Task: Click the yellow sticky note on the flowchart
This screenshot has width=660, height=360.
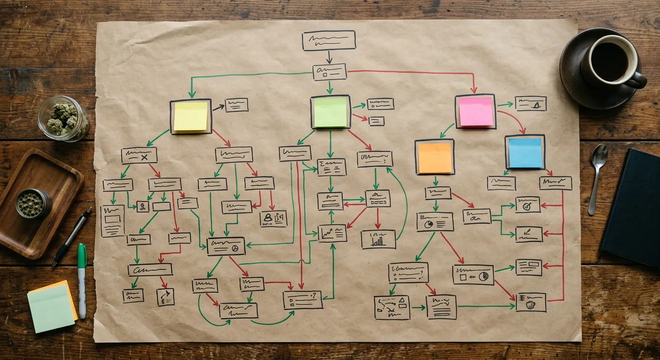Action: [190, 116]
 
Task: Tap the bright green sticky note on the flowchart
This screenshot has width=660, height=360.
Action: [330, 112]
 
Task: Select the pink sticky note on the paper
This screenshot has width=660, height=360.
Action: [475, 112]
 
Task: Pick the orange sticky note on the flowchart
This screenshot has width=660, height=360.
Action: [435, 157]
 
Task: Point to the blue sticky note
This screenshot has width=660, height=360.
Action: [525, 153]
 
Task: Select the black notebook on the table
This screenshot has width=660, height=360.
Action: [633, 206]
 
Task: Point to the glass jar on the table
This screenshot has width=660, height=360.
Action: [63, 118]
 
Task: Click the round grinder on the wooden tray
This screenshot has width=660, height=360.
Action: [33, 203]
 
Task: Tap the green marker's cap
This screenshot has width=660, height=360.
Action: [82, 256]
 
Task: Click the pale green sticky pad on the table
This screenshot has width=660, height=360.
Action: [51, 309]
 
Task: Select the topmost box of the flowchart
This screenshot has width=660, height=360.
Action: [329, 40]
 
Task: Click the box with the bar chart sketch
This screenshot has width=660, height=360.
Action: [378, 239]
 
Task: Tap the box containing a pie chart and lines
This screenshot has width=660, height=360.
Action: [435, 222]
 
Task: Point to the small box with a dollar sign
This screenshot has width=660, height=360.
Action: [142, 206]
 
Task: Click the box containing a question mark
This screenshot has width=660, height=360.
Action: [302, 300]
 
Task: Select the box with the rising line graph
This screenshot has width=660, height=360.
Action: [332, 233]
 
